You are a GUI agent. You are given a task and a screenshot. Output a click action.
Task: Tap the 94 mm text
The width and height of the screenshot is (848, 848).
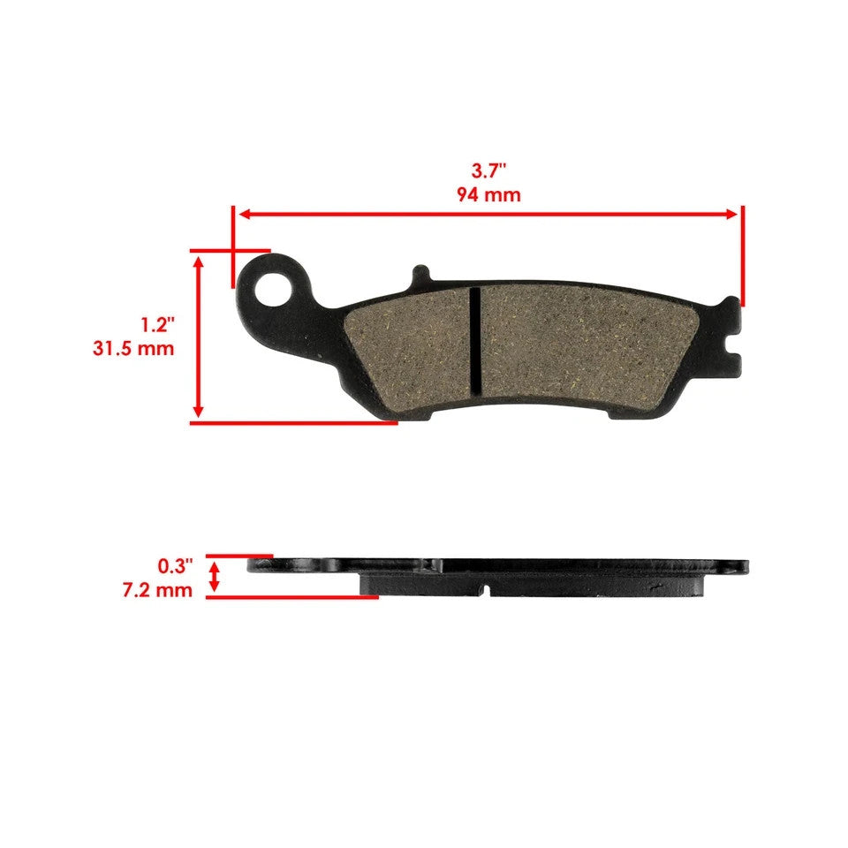488,194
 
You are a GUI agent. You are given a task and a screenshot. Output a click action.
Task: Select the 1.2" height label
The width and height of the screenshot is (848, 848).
157,325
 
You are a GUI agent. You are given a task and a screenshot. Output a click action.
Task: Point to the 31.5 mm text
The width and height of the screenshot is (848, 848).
133,348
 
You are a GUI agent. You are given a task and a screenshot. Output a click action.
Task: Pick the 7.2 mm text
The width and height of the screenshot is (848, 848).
157,589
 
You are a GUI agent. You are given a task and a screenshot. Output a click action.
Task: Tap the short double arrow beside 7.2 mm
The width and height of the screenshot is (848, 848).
213,579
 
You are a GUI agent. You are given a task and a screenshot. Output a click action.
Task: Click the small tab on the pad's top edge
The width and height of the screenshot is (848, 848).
420,276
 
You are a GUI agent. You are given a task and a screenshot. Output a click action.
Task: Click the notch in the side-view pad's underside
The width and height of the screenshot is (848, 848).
485,587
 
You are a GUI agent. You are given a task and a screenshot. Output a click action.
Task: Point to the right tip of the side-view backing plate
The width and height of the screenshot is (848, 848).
745,565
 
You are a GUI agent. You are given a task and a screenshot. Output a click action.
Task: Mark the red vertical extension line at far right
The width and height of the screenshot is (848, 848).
743,256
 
